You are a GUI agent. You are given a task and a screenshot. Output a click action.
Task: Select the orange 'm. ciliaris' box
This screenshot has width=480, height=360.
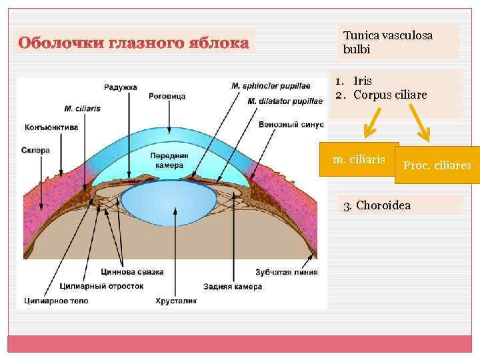[x=359, y=160]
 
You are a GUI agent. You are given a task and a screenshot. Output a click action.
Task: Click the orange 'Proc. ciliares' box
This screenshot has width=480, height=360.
[x=437, y=165]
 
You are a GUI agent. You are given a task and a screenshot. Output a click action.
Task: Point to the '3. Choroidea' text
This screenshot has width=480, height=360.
[x=377, y=205]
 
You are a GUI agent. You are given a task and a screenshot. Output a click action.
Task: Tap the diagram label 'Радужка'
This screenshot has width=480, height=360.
[x=120, y=87]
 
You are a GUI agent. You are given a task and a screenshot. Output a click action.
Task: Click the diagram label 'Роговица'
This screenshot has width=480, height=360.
[x=168, y=96]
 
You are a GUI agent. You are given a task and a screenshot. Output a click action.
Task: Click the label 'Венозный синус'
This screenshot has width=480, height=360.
[x=291, y=125]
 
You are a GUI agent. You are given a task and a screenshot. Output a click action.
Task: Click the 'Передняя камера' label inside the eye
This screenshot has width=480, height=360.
[x=170, y=160]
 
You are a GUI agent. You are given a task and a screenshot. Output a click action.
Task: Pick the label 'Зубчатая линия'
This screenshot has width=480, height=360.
[x=286, y=272]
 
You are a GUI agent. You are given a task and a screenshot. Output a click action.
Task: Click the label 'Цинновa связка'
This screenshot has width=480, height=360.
[x=132, y=272]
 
